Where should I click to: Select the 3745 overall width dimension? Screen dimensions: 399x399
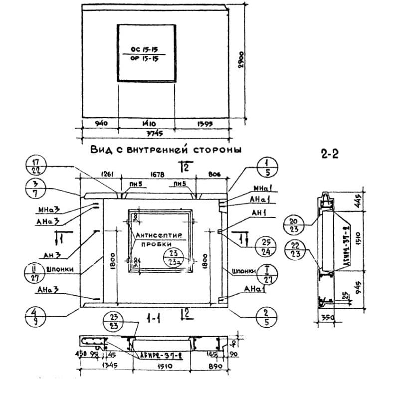(157, 134)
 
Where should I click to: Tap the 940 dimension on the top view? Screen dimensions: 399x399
(100, 123)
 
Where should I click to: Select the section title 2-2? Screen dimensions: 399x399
(329, 154)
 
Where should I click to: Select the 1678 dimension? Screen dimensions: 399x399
(158, 174)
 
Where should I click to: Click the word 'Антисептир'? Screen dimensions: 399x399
(160, 235)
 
